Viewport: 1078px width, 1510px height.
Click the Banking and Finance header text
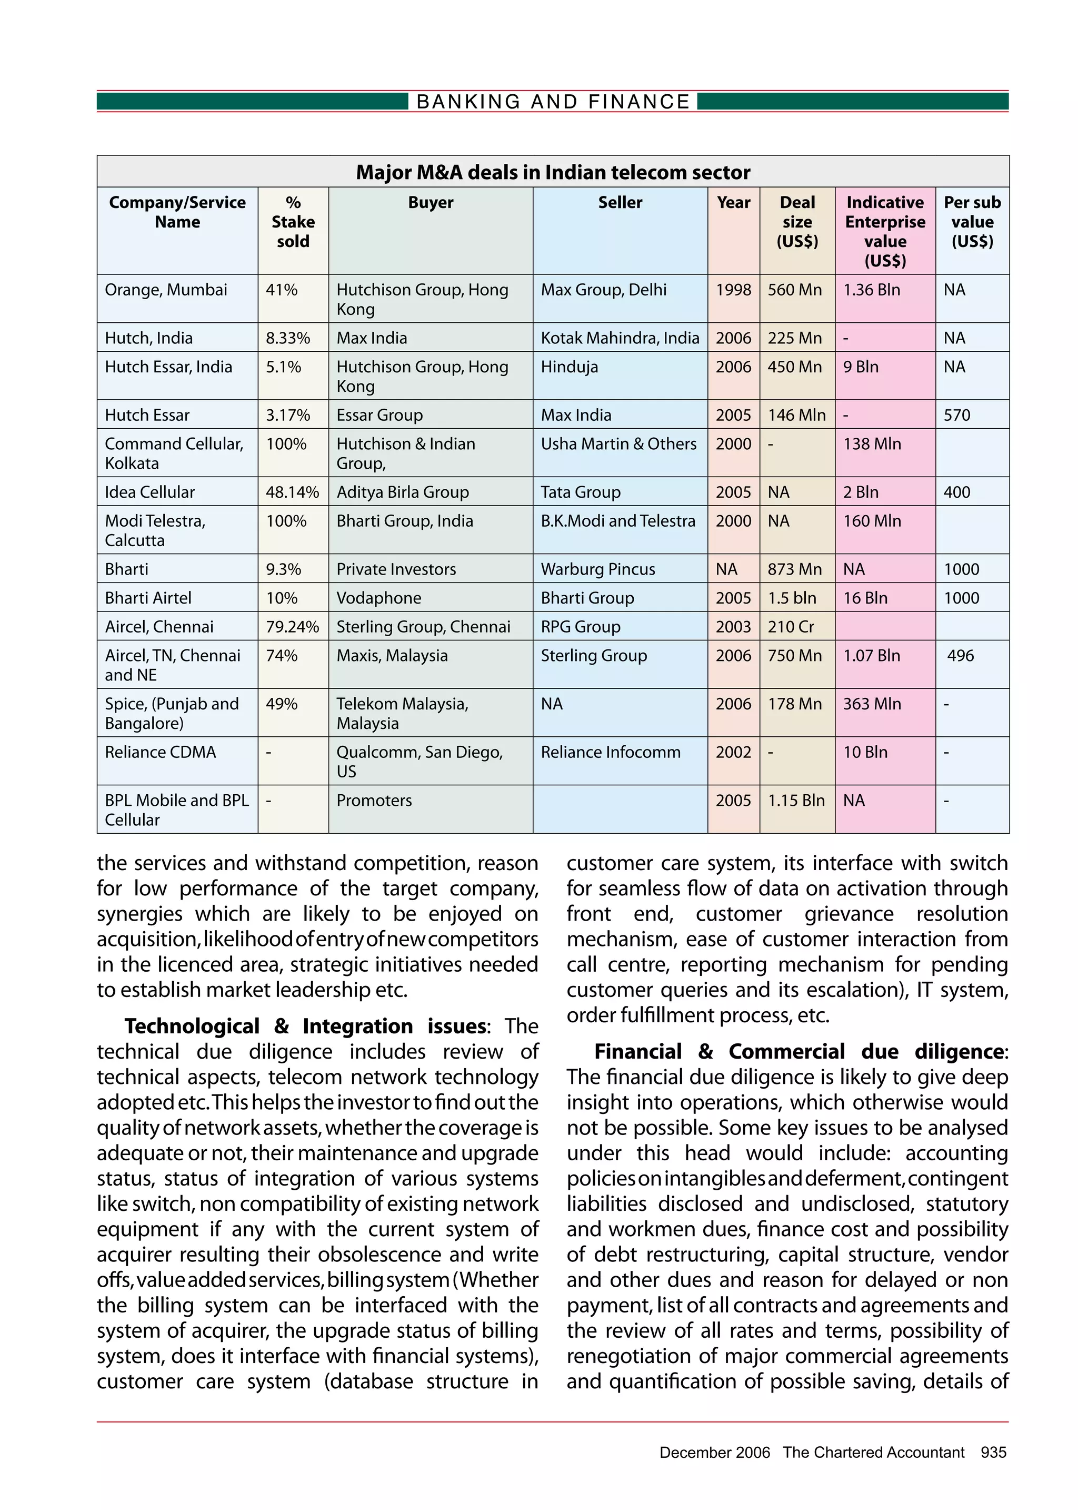553,102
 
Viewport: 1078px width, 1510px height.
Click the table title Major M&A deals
553,172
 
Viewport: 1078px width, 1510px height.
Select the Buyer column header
430,203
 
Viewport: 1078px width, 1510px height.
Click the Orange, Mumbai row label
166,290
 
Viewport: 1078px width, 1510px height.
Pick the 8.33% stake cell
287,338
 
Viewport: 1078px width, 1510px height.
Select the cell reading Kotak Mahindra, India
620,338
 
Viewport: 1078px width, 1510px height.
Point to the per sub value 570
956,415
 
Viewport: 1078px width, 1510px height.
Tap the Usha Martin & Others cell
618,443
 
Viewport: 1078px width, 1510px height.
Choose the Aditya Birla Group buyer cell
402,492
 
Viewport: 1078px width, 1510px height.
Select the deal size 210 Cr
791,627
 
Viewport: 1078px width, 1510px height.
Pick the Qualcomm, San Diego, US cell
419,761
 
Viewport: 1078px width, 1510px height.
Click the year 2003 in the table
733,627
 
